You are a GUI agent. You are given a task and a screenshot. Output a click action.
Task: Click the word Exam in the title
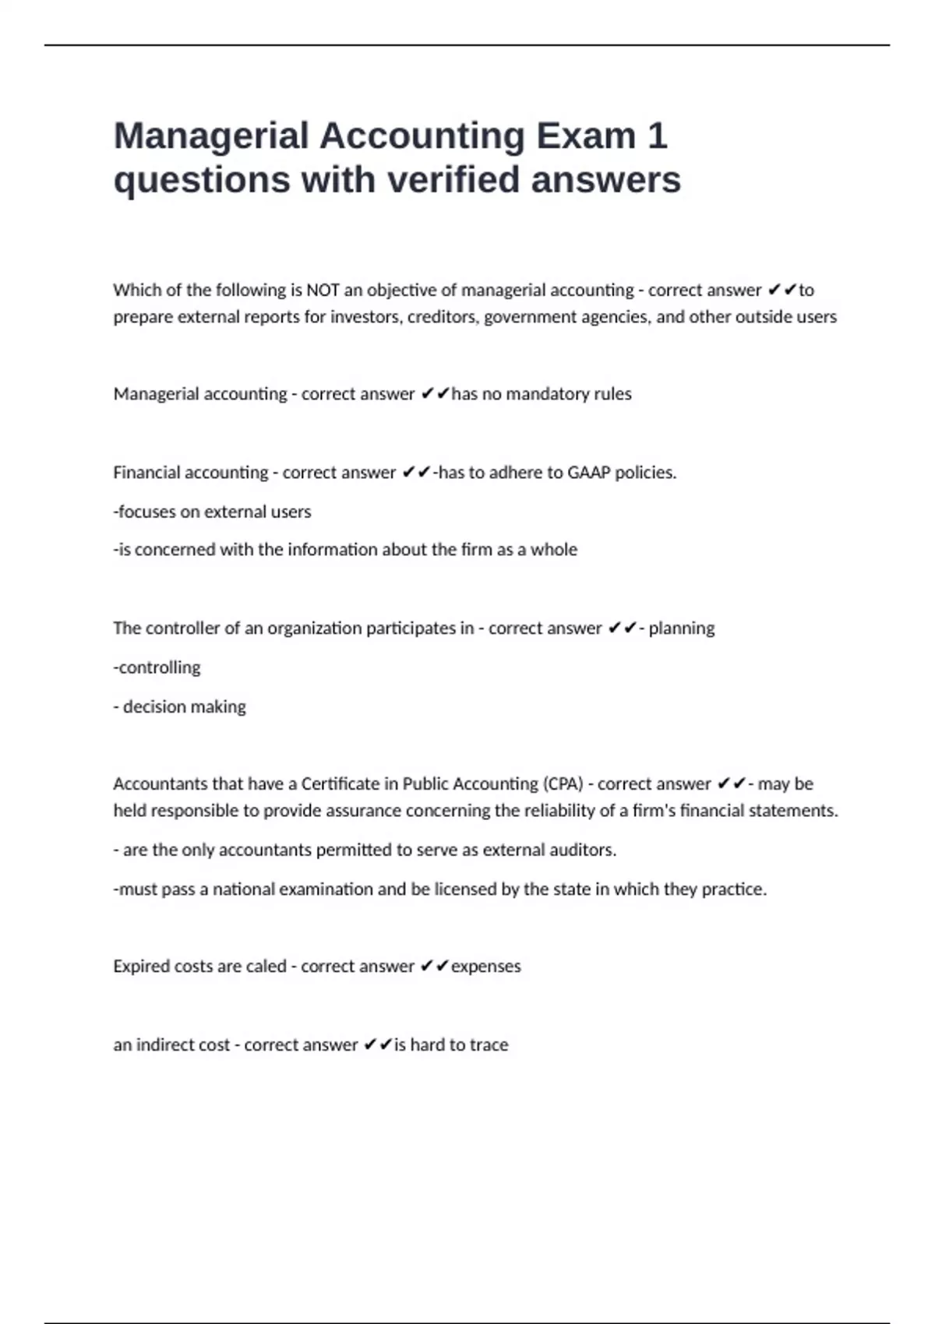point(585,136)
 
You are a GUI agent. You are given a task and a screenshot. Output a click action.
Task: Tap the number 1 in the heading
point(657,136)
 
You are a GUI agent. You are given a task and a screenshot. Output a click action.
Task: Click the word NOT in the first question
point(323,291)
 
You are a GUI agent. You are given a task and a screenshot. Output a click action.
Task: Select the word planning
point(682,629)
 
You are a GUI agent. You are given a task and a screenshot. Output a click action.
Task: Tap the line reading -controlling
point(157,667)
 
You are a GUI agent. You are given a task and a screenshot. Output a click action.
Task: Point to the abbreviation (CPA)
point(563,784)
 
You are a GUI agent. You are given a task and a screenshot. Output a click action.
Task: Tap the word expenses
point(486,967)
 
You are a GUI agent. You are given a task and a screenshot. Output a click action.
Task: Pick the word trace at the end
point(489,1045)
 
